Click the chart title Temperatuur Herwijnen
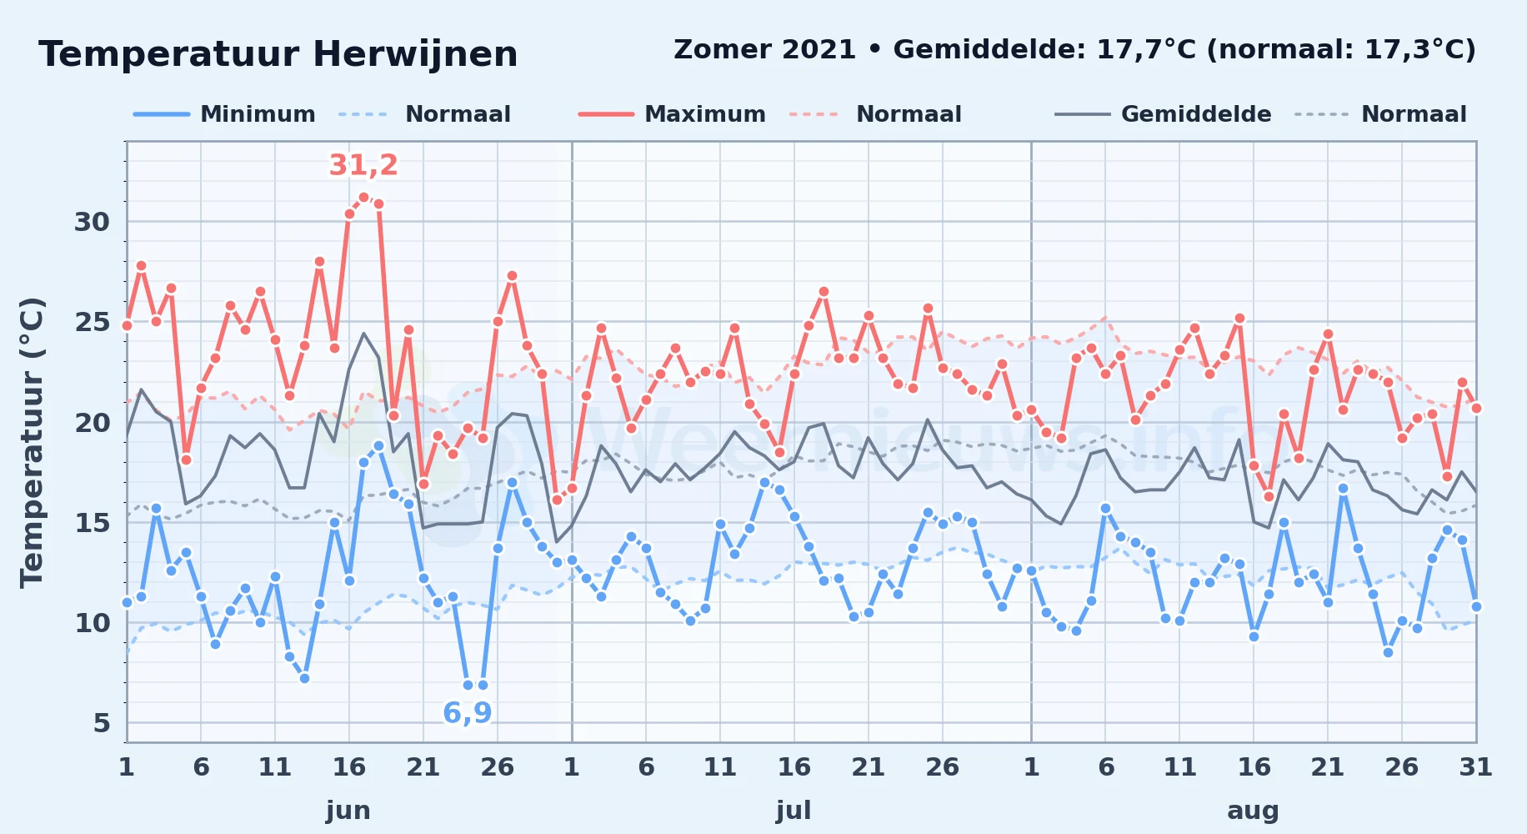(x=278, y=54)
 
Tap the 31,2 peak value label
(x=363, y=165)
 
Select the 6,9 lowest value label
(x=467, y=713)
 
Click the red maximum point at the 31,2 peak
(x=363, y=198)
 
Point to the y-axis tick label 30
(x=92, y=222)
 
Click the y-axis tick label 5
(x=102, y=723)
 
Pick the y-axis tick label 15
(x=92, y=523)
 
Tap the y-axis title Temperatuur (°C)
(x=32, y=443)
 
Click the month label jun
(x=348, y=811)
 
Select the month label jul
(x=794, y=811)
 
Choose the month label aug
(x=1253, y=811)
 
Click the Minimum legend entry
(x=225, y=114)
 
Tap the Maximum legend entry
(x=672, y=114)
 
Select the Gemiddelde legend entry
(x=1163, y=114)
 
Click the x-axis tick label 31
(x=1475, y=767)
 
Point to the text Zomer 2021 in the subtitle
(x=764, y=50)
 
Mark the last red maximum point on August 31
(x=1476, y=408)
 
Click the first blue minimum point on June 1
(x=127, y=602)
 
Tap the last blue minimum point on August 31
(x=1476, y=606)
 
